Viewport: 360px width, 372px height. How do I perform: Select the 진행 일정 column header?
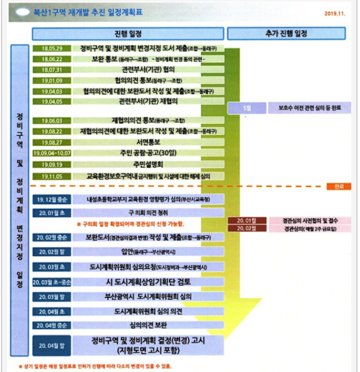coord(128,34)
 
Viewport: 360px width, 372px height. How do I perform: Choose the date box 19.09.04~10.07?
coord(51,153)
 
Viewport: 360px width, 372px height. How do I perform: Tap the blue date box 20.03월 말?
coord(51,296)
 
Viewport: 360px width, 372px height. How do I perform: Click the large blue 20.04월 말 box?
coord(51,345)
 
